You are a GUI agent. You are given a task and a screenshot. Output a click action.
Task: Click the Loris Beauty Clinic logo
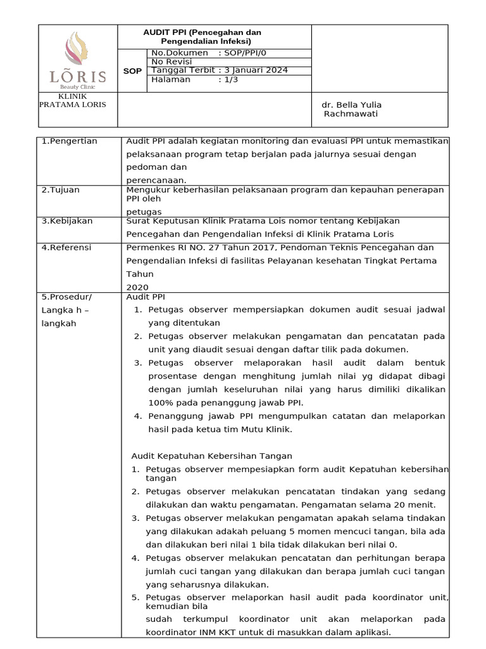tap(77, 60)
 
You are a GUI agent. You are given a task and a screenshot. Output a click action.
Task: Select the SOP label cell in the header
tap(132, 71)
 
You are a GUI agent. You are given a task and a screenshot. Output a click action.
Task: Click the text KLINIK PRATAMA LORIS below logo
tap(73, 100)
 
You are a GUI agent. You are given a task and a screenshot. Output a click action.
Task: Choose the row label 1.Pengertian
tap(70, 141)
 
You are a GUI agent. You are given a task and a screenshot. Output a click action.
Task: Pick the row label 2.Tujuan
tap(62, 190)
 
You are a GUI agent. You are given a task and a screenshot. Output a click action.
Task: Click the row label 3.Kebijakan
tap(67, 221)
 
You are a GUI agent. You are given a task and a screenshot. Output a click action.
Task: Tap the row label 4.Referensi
tap(66, 247)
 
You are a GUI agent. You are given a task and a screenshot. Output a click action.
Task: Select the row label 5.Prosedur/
tap(66, 296)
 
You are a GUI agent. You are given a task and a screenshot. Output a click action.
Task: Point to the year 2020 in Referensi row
tap(137, 286)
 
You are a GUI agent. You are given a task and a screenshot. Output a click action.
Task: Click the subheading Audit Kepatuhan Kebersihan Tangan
tap(212, 456)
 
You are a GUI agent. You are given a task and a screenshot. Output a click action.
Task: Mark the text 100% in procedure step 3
tap(159, 402)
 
